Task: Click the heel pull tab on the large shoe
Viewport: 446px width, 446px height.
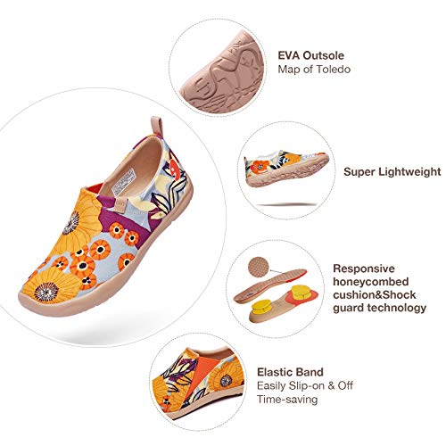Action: point(157,126)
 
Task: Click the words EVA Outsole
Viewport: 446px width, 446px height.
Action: point(311,55)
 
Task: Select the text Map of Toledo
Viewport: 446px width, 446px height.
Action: point(314,70)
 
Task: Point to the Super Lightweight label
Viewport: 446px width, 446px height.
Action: point(392,172)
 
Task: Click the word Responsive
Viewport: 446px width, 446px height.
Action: point(364,268)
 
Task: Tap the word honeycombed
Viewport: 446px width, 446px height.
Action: point(371,282)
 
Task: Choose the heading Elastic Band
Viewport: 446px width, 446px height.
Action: point(290,372)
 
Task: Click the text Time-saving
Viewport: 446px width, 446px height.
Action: point(287,399)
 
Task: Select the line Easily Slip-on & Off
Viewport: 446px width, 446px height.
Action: point(305,385)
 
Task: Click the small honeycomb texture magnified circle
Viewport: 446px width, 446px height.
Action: point(259,267)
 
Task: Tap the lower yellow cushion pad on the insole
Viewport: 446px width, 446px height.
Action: point(262,307)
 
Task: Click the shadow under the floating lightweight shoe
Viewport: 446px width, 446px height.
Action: point(286,205)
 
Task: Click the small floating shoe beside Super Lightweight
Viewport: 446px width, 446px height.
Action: point(286,168)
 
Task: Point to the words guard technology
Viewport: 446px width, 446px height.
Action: point(379,308)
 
